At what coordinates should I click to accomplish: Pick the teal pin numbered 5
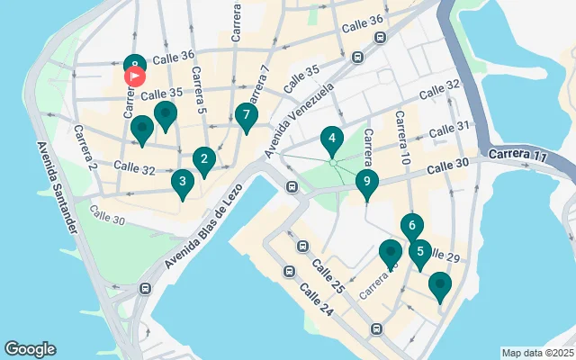coord(419,253)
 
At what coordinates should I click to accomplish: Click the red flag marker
coord(133,76)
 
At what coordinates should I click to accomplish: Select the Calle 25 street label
coord(328,276)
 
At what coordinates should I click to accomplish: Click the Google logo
coord(30,349)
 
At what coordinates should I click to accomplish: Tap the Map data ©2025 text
coord(537,353)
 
